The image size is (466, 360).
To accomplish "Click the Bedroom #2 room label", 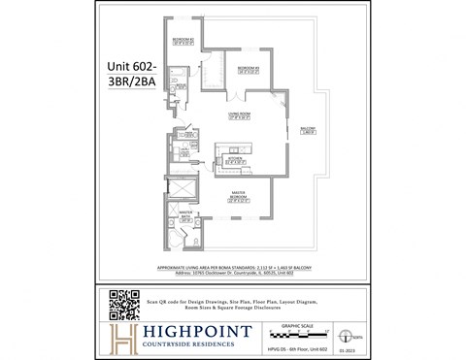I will [183, 40].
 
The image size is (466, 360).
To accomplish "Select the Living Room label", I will [242, 115].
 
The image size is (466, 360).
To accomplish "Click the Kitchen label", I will [235, 159].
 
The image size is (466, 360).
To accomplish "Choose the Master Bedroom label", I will [238, 198].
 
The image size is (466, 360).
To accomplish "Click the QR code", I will [124, 305].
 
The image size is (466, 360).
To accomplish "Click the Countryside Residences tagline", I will [187, 348].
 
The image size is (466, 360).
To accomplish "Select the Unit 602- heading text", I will [131, 66].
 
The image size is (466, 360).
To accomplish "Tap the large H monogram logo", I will [123, 339].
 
